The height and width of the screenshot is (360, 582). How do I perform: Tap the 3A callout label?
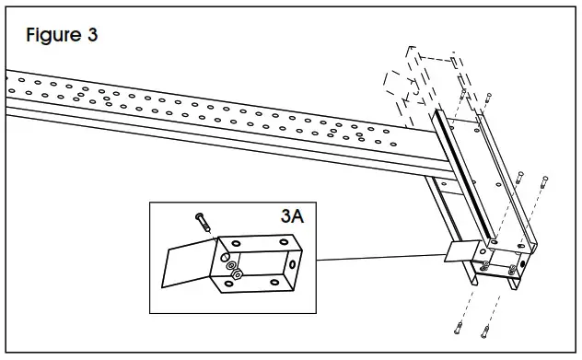[x=295, y=218]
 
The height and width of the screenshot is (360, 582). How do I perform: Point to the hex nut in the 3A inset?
[x=238, y=274]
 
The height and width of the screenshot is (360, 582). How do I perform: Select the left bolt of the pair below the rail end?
[x=459, y=328]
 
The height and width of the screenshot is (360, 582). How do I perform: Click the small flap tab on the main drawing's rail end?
[x=460, y=250]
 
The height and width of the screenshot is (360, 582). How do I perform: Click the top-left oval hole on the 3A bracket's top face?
[x=237, y=243]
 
